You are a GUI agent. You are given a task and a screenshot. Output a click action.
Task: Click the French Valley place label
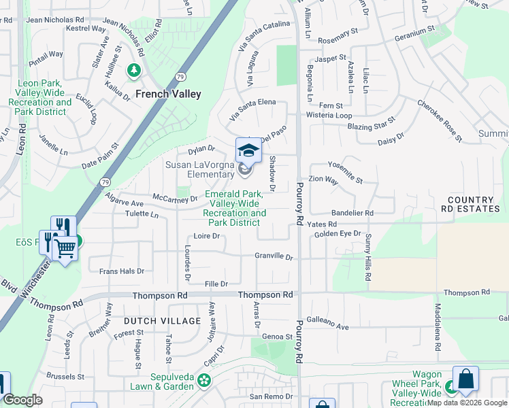point(168,94)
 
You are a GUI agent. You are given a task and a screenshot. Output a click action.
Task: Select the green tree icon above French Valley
point(134,70)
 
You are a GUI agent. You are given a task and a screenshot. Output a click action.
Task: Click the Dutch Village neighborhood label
point(162,321)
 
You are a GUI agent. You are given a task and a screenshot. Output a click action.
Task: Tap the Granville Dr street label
point(274,257)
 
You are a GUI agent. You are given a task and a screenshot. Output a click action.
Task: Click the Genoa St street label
point(277,337)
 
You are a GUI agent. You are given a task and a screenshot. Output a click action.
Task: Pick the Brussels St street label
point(65,376)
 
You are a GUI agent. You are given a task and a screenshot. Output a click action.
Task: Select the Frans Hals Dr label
point(122,271)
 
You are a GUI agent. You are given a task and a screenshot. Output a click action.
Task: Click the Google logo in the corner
point(22,401)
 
